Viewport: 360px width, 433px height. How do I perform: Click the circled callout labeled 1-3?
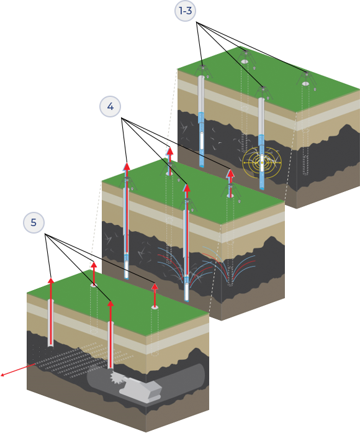[x=186, y=11]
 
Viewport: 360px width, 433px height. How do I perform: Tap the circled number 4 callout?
[x=110, y=106]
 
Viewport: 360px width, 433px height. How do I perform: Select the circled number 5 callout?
[x=34, y=222]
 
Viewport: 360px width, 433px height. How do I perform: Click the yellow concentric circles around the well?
[x=262, y=163]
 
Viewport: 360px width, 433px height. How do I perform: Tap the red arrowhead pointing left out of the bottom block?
[x=2, y=375]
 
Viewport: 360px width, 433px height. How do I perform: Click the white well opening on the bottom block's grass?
[x=155, y=307]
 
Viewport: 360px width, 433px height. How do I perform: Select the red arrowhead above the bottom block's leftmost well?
[x=51, y=281]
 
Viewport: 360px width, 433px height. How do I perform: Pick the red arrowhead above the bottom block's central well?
[x=110, y=304]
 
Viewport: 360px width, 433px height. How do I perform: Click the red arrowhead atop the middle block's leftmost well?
[x=127, y=166]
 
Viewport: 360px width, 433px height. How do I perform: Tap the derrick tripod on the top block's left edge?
[x=203, y=71]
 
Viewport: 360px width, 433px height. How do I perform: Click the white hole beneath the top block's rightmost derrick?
[x=305, y=84]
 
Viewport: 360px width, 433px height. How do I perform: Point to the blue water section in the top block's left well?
[x=202, y=140]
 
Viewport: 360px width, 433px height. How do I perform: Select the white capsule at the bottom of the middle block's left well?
[x=127, y=270]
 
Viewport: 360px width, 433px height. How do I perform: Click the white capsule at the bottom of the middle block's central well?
[x=187, y=291]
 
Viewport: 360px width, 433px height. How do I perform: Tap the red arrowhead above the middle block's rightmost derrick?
[x=231, y=174]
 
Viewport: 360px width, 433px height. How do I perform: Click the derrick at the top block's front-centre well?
[x=263, y=93]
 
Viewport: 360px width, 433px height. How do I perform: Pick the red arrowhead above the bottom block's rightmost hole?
[x=155, y=286]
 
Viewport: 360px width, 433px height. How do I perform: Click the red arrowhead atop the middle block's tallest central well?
[x=187, y=188]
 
